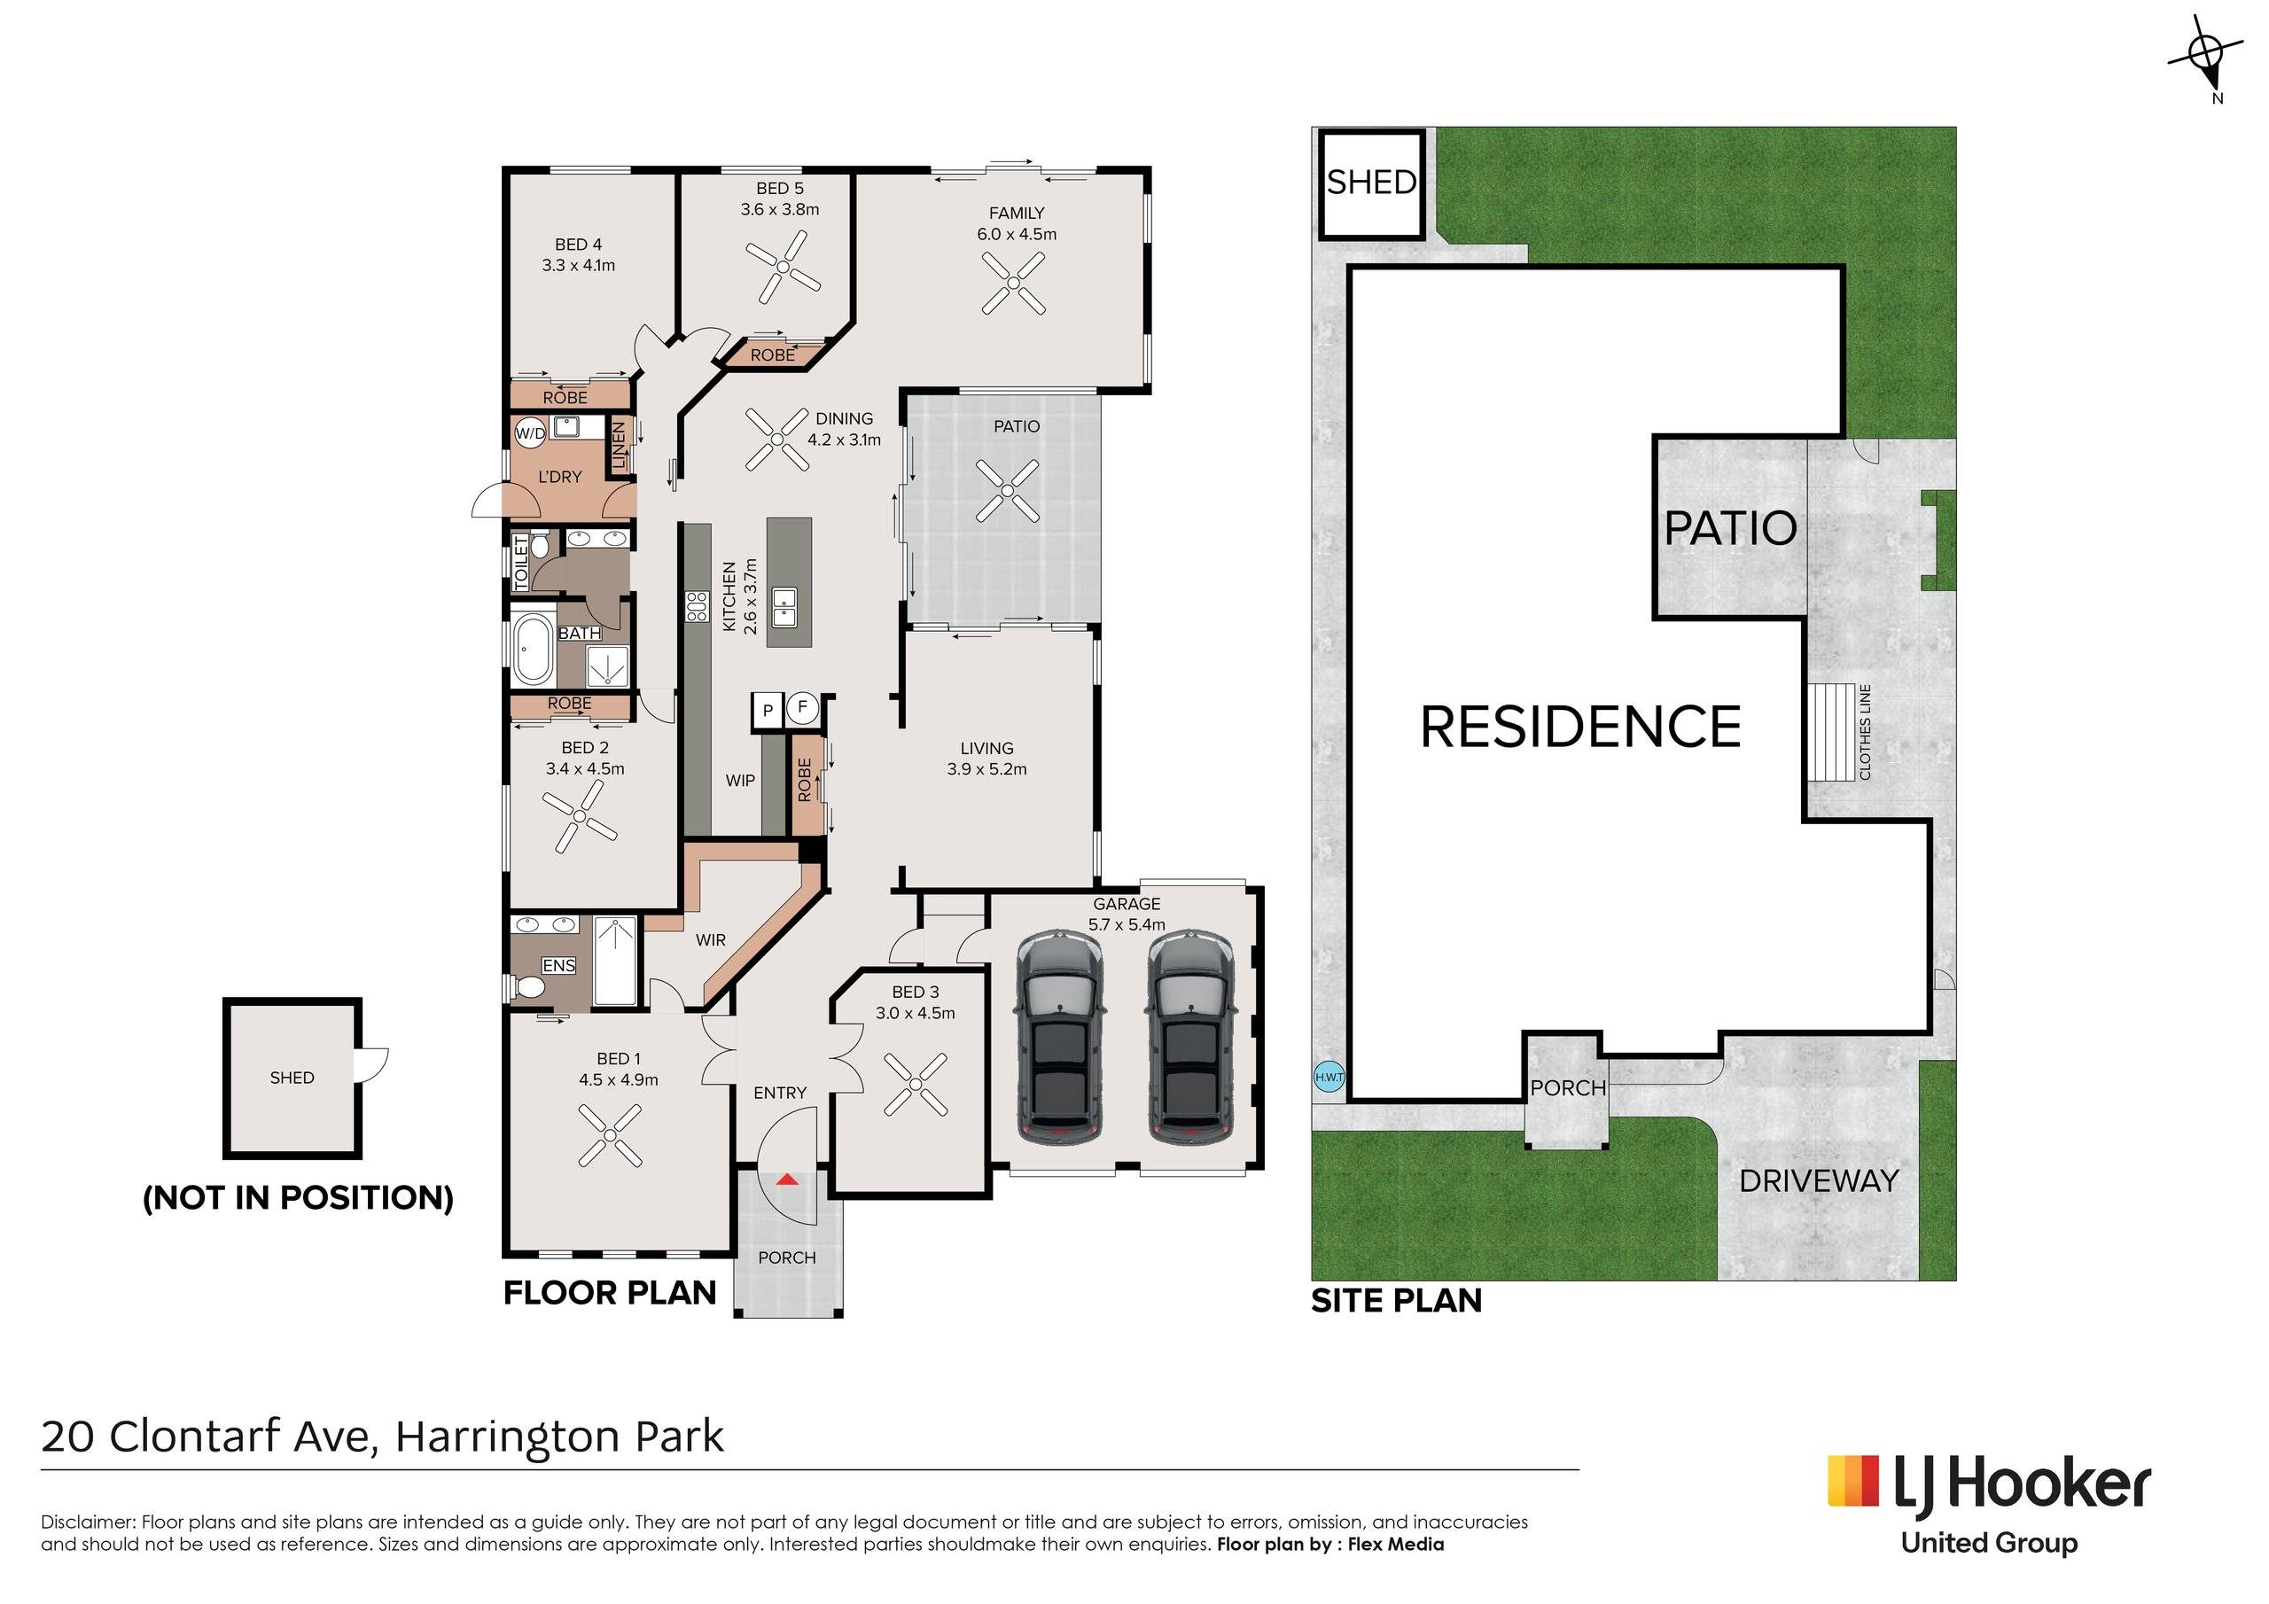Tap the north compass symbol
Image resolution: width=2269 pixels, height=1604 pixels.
(2206, 53)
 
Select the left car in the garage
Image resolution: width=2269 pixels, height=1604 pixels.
(1057, 1038)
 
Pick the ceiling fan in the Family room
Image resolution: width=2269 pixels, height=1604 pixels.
(1013, 283)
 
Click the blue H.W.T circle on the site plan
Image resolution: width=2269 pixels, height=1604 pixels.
(1329, 1078)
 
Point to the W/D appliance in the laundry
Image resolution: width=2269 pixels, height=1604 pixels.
(530, 432)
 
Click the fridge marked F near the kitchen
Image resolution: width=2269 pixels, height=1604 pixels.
(802, 707)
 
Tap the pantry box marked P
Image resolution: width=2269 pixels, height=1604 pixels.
(768, 711)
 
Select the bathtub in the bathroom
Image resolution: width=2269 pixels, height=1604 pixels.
(533, 650)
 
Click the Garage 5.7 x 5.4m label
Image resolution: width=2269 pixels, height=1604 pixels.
(1127, 915)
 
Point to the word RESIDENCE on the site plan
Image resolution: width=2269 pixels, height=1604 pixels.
(1580, 727)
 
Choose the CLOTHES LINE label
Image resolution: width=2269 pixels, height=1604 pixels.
(1865, 732)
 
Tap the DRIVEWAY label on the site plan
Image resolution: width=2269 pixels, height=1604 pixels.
(1819, 1181)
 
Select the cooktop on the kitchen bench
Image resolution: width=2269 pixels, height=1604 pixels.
(696, 606)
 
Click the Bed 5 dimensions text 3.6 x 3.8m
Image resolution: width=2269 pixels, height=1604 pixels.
(780, 209)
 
